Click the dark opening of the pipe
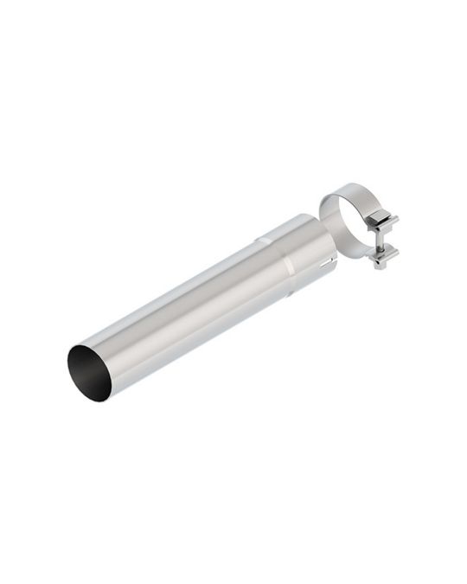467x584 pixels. [x=86, y=370]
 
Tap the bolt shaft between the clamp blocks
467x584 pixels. [x=381, y=241]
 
